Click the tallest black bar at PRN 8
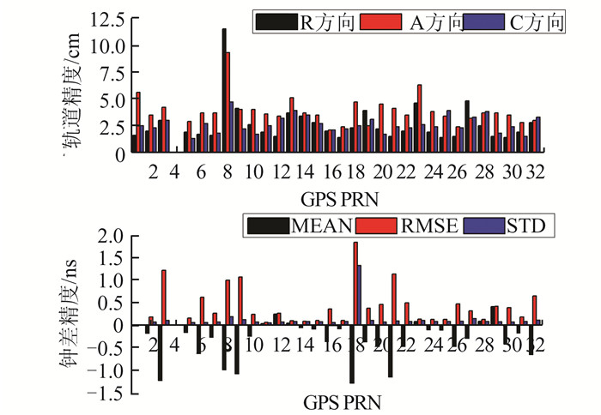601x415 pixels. pyautogui.click(x=224, y=90)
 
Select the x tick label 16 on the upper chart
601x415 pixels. pyautogui.click(x=334, y=172)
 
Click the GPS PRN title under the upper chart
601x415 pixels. pyautogui.click(x=342, y=198)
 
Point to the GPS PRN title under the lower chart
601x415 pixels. pyautogui.click(x=342, y=400)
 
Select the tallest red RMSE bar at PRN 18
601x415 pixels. pyautogui.click(x=355, y=284)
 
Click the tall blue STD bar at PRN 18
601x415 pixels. pyautogui.click(x=360, y=295)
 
